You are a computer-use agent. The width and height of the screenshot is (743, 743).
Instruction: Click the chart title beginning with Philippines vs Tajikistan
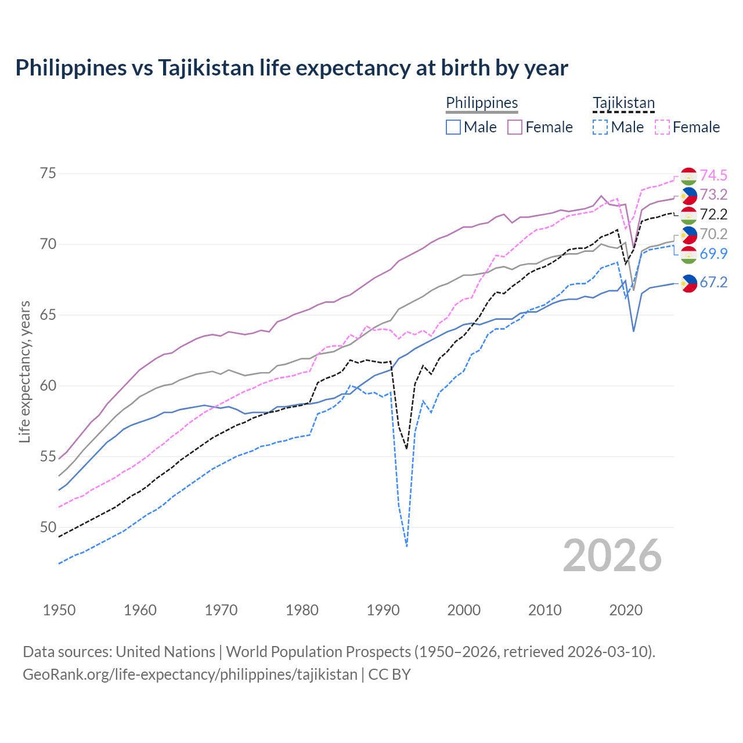(291, 68)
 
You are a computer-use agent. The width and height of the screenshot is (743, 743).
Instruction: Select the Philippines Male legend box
(453, 127)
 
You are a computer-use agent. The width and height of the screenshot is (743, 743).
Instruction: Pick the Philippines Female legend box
(515, 127)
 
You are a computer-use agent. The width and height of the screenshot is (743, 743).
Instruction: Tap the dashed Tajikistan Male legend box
(600, 127)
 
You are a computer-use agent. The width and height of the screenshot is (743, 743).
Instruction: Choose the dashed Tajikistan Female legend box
(662, 127)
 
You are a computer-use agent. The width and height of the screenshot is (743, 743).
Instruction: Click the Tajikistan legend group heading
(623, 103)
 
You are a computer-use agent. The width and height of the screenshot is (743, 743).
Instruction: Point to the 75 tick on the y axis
(48, 174)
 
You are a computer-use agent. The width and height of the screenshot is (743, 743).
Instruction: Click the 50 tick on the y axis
(48, 528)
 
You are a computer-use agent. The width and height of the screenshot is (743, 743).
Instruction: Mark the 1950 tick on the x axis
(59, 610)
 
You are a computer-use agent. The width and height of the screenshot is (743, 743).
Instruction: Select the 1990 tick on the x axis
(383, 610)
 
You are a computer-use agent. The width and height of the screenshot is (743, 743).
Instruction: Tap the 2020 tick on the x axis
(626, 610)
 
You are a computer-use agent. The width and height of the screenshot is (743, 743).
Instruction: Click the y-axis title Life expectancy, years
(24, 371)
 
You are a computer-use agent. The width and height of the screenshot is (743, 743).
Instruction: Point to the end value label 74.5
(713, 175)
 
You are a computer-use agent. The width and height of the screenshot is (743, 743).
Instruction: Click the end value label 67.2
(713, 283)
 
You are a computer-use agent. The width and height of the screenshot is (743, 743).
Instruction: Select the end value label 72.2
(713, 215)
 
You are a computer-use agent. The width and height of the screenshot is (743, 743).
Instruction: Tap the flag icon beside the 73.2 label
(688, 196)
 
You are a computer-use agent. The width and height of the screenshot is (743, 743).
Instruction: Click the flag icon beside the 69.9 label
(688, 254)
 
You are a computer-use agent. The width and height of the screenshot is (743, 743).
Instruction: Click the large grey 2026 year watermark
(612, 556)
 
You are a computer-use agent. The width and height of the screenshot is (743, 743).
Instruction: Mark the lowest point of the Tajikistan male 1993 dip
(407, 546)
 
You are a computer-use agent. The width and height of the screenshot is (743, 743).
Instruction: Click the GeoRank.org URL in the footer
(190, 675)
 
